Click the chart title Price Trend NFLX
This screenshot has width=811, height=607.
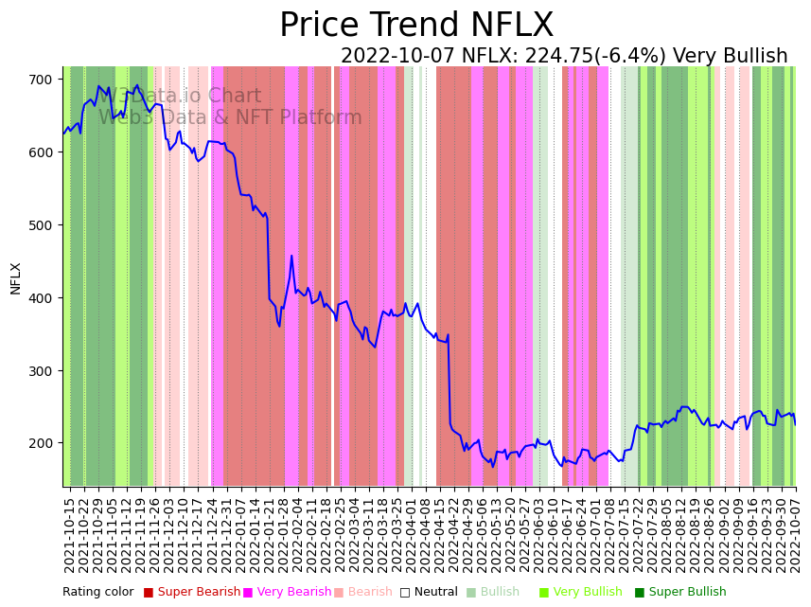coord(416,26)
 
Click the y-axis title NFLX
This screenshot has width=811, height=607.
coord(16,278)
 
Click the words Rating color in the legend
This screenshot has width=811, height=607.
coord(98,593)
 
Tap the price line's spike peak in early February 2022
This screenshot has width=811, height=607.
coord(291,256)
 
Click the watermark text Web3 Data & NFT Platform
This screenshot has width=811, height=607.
coord(230,118)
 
